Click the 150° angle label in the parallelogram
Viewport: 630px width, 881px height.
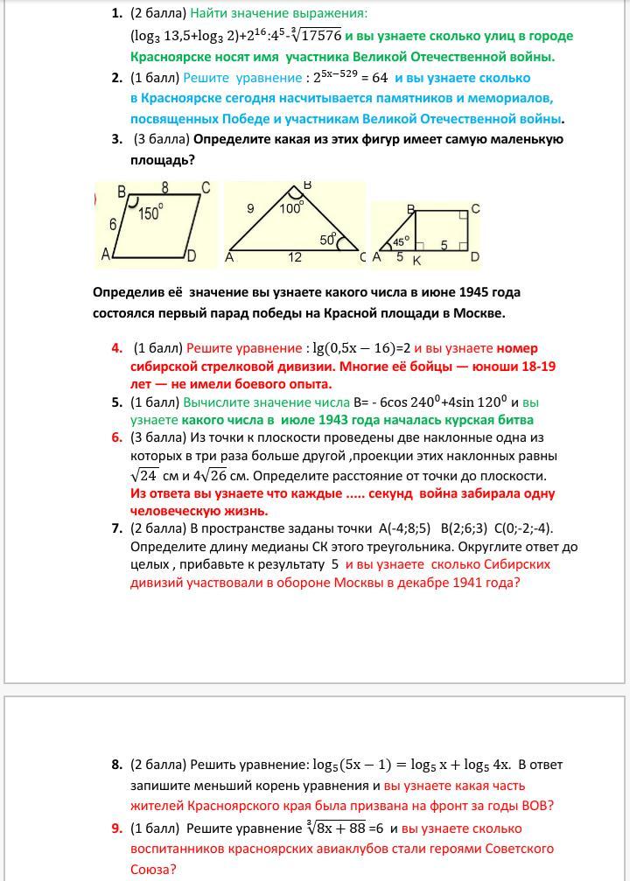tap(150, 213)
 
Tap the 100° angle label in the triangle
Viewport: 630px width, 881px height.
tap(291, 208)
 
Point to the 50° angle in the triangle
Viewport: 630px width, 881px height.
tap(328, 237)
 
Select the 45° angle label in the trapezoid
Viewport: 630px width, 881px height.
tap(400, 241)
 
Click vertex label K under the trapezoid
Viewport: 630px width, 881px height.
tap(416, 260)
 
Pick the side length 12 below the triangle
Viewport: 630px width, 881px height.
tap(296, 257)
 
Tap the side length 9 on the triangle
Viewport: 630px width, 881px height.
tap(250, 208)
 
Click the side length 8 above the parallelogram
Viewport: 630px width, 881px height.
tap(164, 187)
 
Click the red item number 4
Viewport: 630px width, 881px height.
tap(116, 348)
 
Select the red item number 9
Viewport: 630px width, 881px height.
tap(116, 829)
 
